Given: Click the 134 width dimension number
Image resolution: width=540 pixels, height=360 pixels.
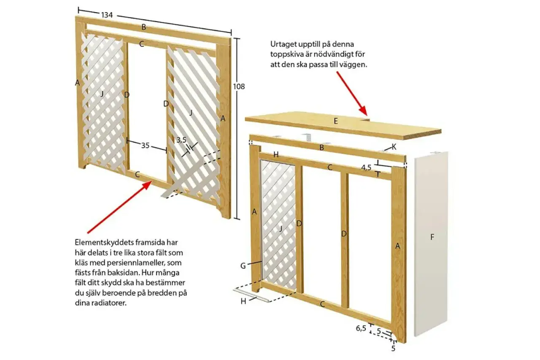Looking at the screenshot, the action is pos(107,15).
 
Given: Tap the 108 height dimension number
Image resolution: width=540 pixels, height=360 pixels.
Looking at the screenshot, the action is pos(239,87).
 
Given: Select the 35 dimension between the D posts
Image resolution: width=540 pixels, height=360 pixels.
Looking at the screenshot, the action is pos(145,146).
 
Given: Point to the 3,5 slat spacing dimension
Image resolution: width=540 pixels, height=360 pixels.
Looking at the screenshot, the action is pos(181,140).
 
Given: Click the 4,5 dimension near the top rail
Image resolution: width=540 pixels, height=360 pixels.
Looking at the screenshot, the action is pos(366,168).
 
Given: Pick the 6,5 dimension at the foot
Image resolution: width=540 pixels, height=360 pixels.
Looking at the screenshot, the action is pos(361,328).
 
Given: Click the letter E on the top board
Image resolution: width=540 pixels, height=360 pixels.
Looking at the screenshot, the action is pos(335,121).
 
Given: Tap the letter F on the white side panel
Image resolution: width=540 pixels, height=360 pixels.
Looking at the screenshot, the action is pos(432,237).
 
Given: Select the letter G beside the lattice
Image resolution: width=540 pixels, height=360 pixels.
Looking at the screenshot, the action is pos(243,266).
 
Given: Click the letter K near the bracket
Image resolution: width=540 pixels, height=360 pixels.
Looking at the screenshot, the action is pos(394,147).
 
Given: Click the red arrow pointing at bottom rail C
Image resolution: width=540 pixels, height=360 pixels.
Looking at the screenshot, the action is pos(120,207).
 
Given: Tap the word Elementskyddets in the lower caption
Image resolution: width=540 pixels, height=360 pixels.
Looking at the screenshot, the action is pos(103,242).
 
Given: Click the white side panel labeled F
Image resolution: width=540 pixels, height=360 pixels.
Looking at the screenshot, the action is pos(431,244).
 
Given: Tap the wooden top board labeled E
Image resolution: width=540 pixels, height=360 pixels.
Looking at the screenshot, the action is pos(343,125).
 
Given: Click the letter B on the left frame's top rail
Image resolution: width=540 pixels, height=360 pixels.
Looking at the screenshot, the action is pos(144,27).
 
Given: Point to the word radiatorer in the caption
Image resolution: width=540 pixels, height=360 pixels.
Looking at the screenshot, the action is pos(108,303).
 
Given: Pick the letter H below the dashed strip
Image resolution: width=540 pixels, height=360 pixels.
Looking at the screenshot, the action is pos(243,301).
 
